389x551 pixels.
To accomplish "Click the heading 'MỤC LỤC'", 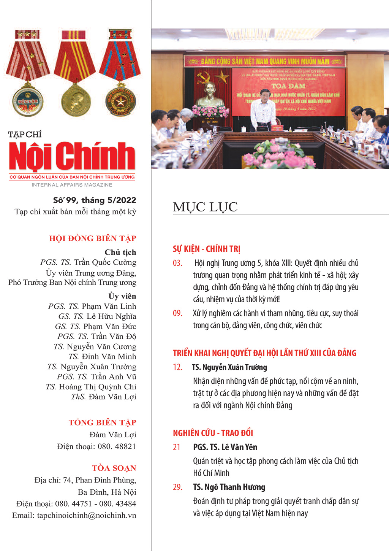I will coord(205,207).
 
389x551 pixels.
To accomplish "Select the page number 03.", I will coord(177,263).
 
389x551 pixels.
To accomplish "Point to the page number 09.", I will coord(177,313).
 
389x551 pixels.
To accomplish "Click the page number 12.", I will coord(177,367).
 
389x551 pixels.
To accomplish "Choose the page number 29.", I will coord(177,487).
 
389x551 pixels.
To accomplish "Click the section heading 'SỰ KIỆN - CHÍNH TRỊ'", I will coord(206,249).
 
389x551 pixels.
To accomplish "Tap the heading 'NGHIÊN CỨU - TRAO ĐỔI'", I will coord(213,433).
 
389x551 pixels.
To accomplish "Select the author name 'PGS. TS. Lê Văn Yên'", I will coord(225,447).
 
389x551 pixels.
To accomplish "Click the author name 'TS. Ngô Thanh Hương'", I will coord(229,487).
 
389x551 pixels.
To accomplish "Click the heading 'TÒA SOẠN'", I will coord(114,468).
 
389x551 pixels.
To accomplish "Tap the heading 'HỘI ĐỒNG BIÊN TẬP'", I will coord(92,238).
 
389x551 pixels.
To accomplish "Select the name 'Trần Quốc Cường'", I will coord(105,262).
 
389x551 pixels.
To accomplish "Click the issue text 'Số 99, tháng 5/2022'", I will coord(94,200).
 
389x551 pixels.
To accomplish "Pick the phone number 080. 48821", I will coord(117,446).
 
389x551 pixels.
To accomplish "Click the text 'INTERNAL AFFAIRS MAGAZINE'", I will coord(72,185).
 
